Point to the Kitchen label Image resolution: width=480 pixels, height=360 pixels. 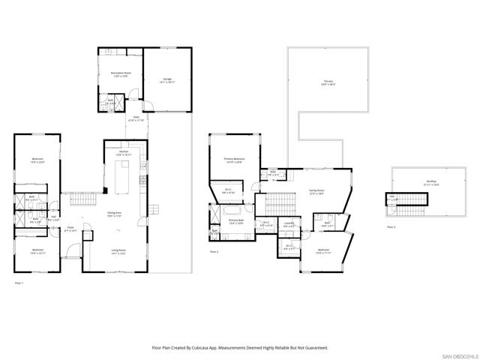[124, 153]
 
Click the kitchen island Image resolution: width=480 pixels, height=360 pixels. [121, 177]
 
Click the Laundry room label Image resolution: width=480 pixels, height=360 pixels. [289, 223]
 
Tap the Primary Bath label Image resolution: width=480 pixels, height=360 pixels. [237, 222]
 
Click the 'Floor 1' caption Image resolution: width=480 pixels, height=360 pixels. [19, 283]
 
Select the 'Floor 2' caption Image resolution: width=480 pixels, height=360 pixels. [214, 252]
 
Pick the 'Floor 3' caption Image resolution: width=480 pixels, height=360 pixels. [391, 226]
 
